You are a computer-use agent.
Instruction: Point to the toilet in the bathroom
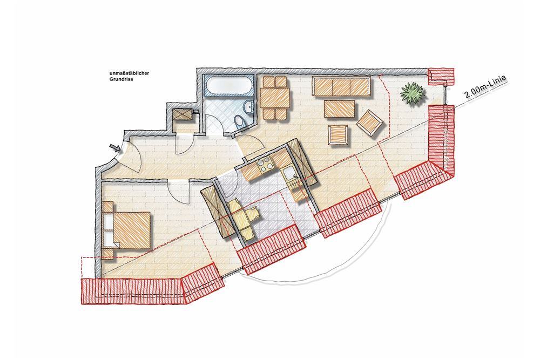[238, 121]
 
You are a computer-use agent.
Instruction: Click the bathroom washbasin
[248, 107]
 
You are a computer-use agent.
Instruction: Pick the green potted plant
[412, 93]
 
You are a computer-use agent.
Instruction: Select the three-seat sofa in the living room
[341, 86]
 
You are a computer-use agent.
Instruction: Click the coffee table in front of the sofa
[339, 109]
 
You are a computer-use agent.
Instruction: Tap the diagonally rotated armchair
[370, 123]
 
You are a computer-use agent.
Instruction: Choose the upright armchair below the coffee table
[338, 135]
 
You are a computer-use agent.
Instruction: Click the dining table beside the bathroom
[274, 98]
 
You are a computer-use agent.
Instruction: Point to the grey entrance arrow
[115, 148]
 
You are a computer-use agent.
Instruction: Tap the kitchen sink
[289, 174]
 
